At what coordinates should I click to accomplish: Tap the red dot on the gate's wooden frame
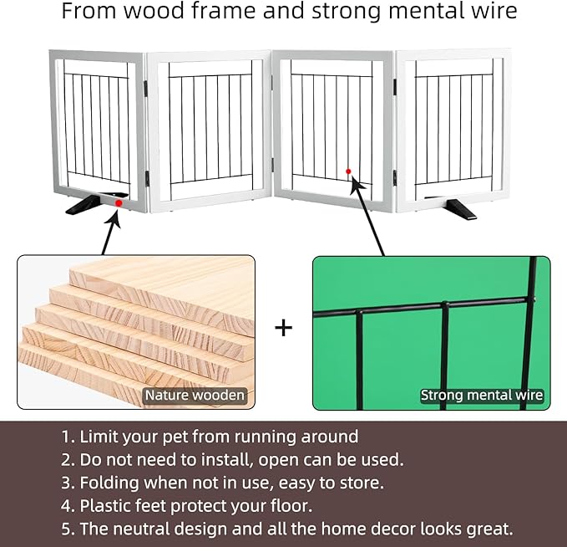click(119, 203)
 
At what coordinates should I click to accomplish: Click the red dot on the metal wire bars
click(348, 171)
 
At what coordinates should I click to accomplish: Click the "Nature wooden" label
click(195, 395)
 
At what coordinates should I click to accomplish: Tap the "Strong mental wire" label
click(482, 395)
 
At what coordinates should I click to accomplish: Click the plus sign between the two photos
click(284, 328)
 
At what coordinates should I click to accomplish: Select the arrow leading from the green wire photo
click(367, 216)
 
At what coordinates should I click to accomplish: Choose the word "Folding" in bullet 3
click(109, 483)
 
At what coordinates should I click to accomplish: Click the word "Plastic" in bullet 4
click(105, 506)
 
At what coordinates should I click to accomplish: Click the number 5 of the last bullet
click(66, 529)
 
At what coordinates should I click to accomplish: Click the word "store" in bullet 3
click(359, 483)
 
